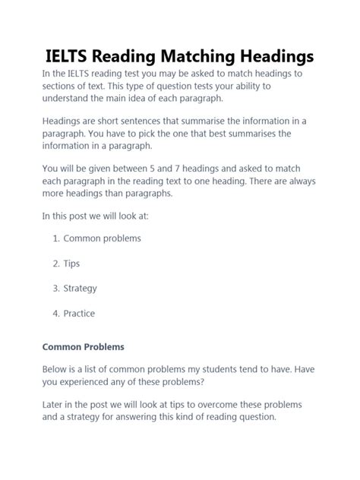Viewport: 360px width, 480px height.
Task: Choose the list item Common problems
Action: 102,238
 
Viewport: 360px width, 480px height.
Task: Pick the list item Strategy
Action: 80,288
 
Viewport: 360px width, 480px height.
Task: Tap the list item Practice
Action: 79,313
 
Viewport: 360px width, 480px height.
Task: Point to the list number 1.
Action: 55,238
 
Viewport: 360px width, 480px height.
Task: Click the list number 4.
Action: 55,313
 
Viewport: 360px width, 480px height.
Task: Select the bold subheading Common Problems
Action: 83,347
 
